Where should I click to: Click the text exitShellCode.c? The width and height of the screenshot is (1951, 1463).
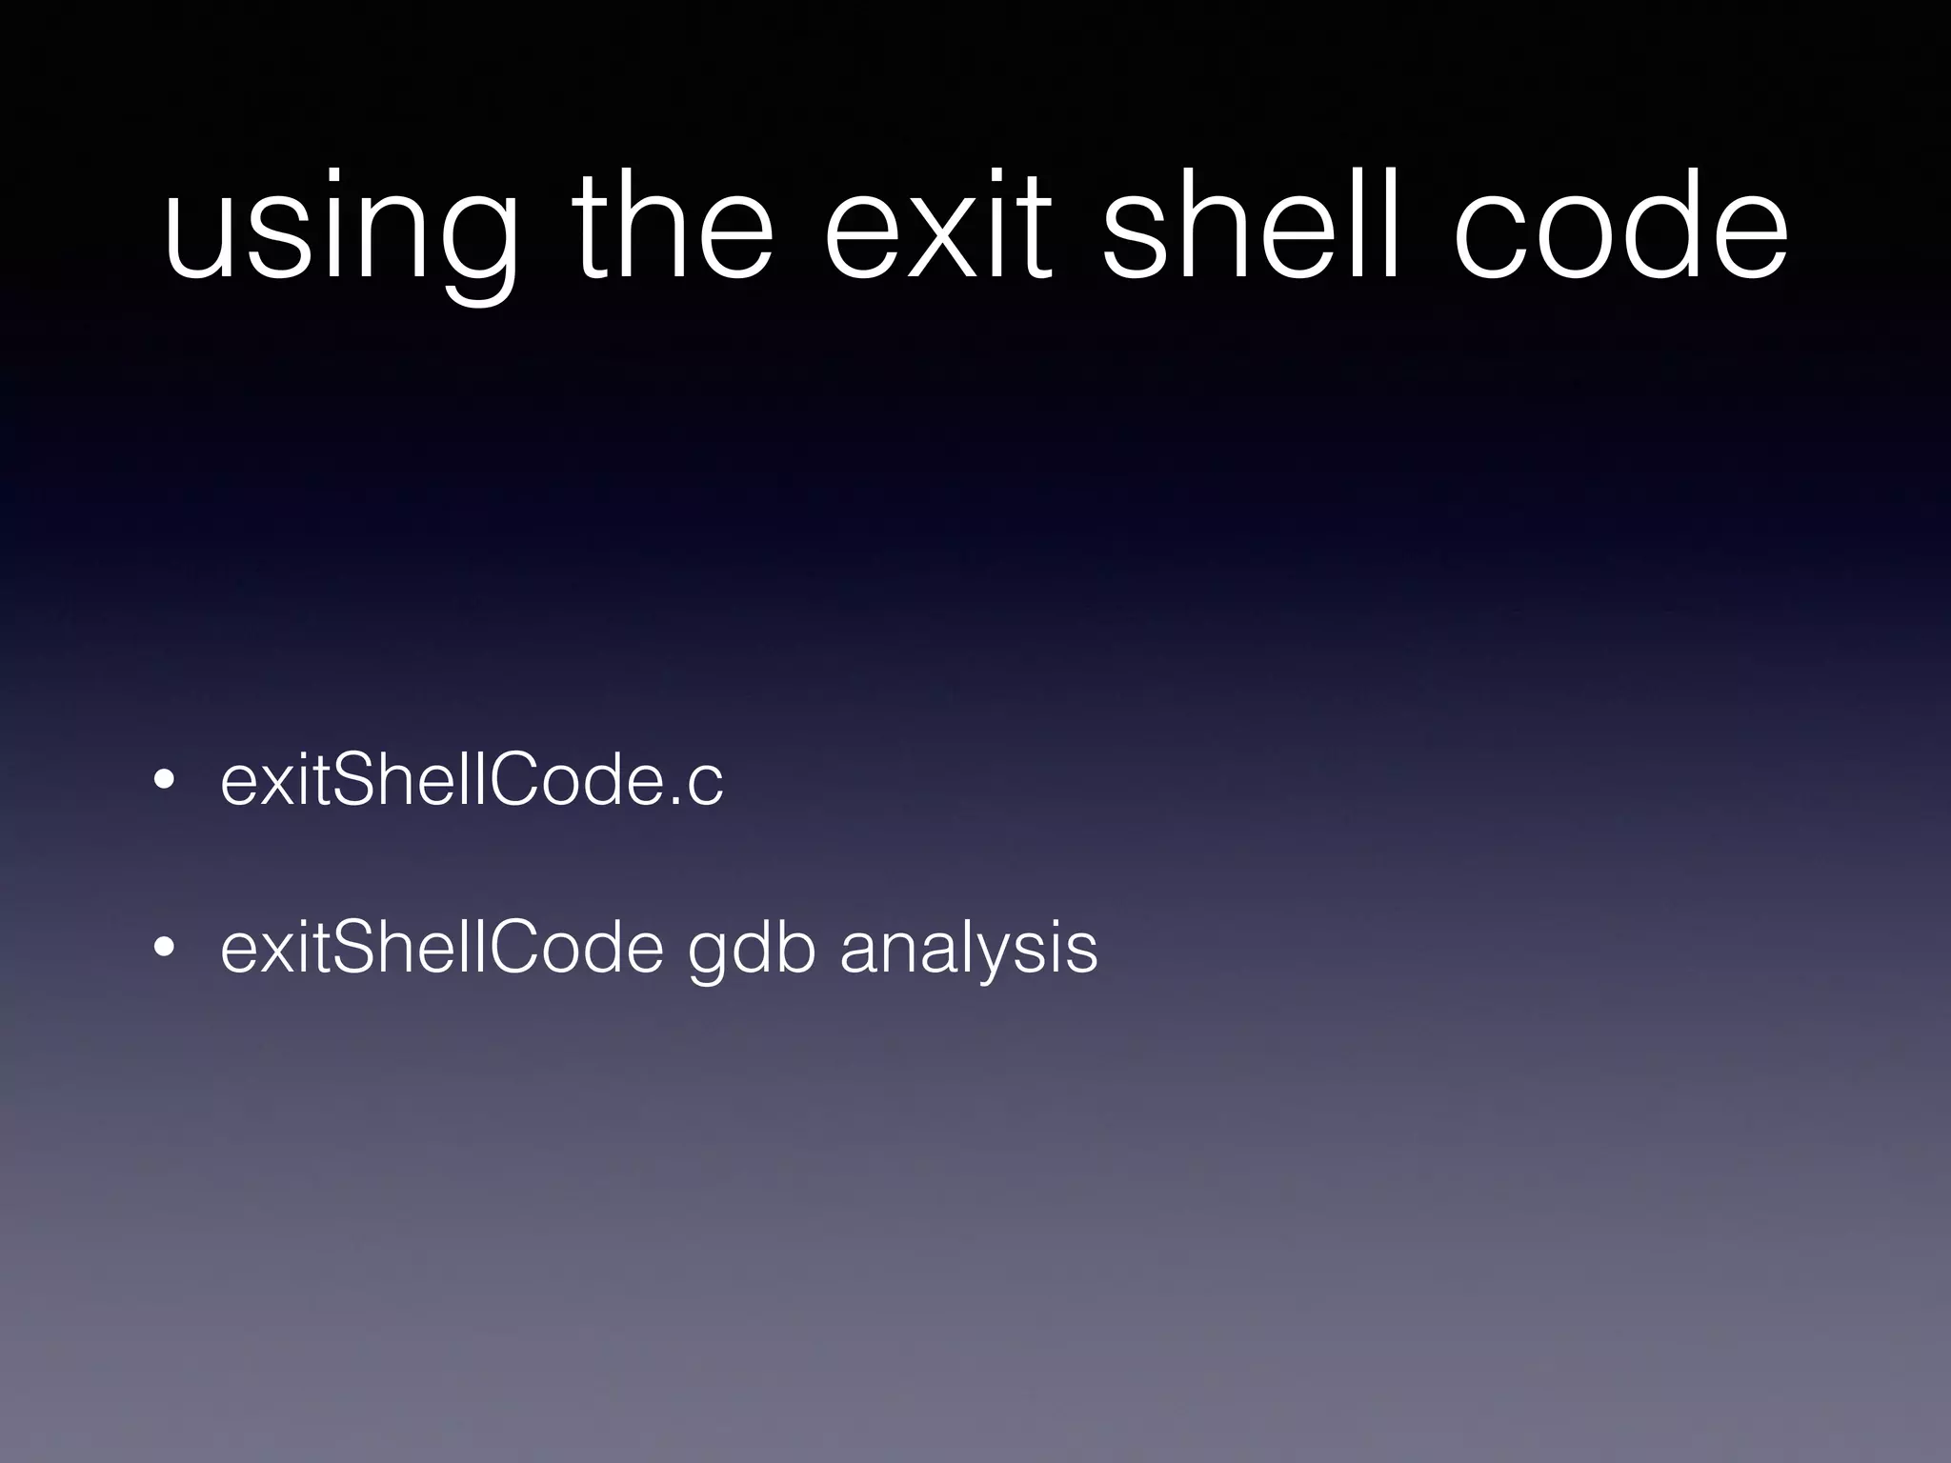pyautogui.click(x=472, y=780)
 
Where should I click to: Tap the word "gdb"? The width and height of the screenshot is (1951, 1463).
pyautogui.click(x=752, y=950)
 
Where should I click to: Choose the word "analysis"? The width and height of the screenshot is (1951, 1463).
pyautogui.click(x=969, y=950)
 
